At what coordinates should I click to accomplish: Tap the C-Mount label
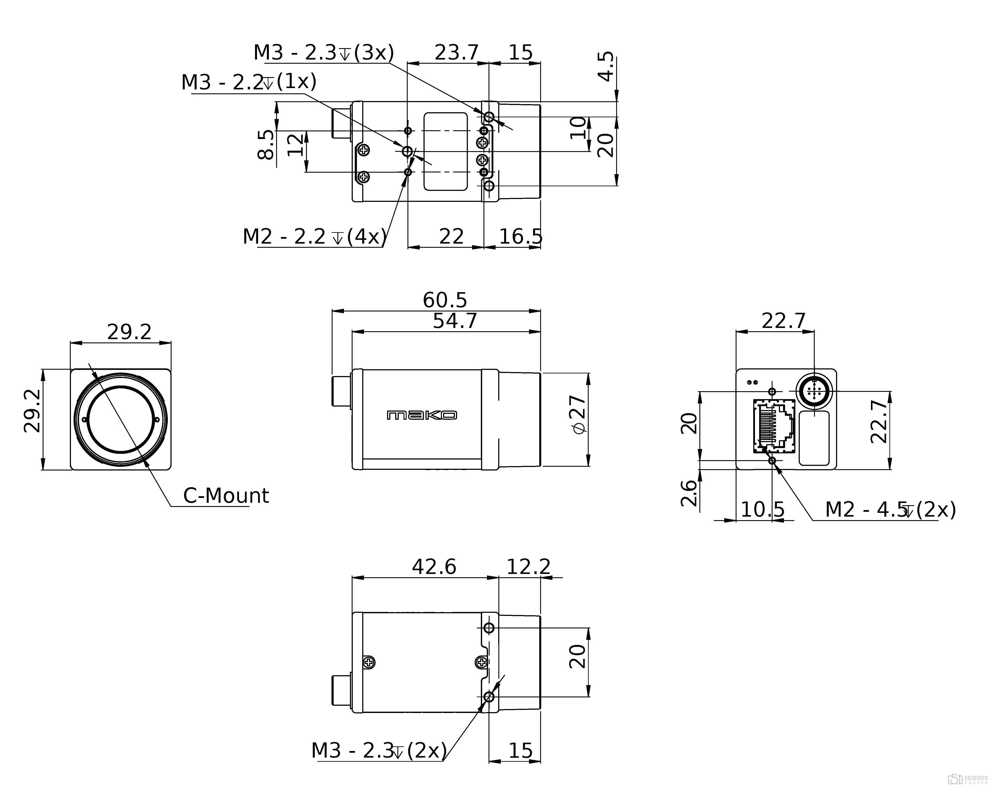coord(226,496)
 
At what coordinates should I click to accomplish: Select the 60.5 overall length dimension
coord(445,300)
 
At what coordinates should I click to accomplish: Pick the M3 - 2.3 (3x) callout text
coord(324,53)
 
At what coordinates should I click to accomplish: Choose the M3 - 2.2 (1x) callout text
coord(249,82)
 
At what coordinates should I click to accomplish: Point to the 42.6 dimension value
coord(434,567)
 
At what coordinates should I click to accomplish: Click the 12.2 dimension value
coord(528,567)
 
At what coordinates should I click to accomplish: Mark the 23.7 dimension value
coord(456,53)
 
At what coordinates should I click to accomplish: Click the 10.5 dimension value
coord(763,510)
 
